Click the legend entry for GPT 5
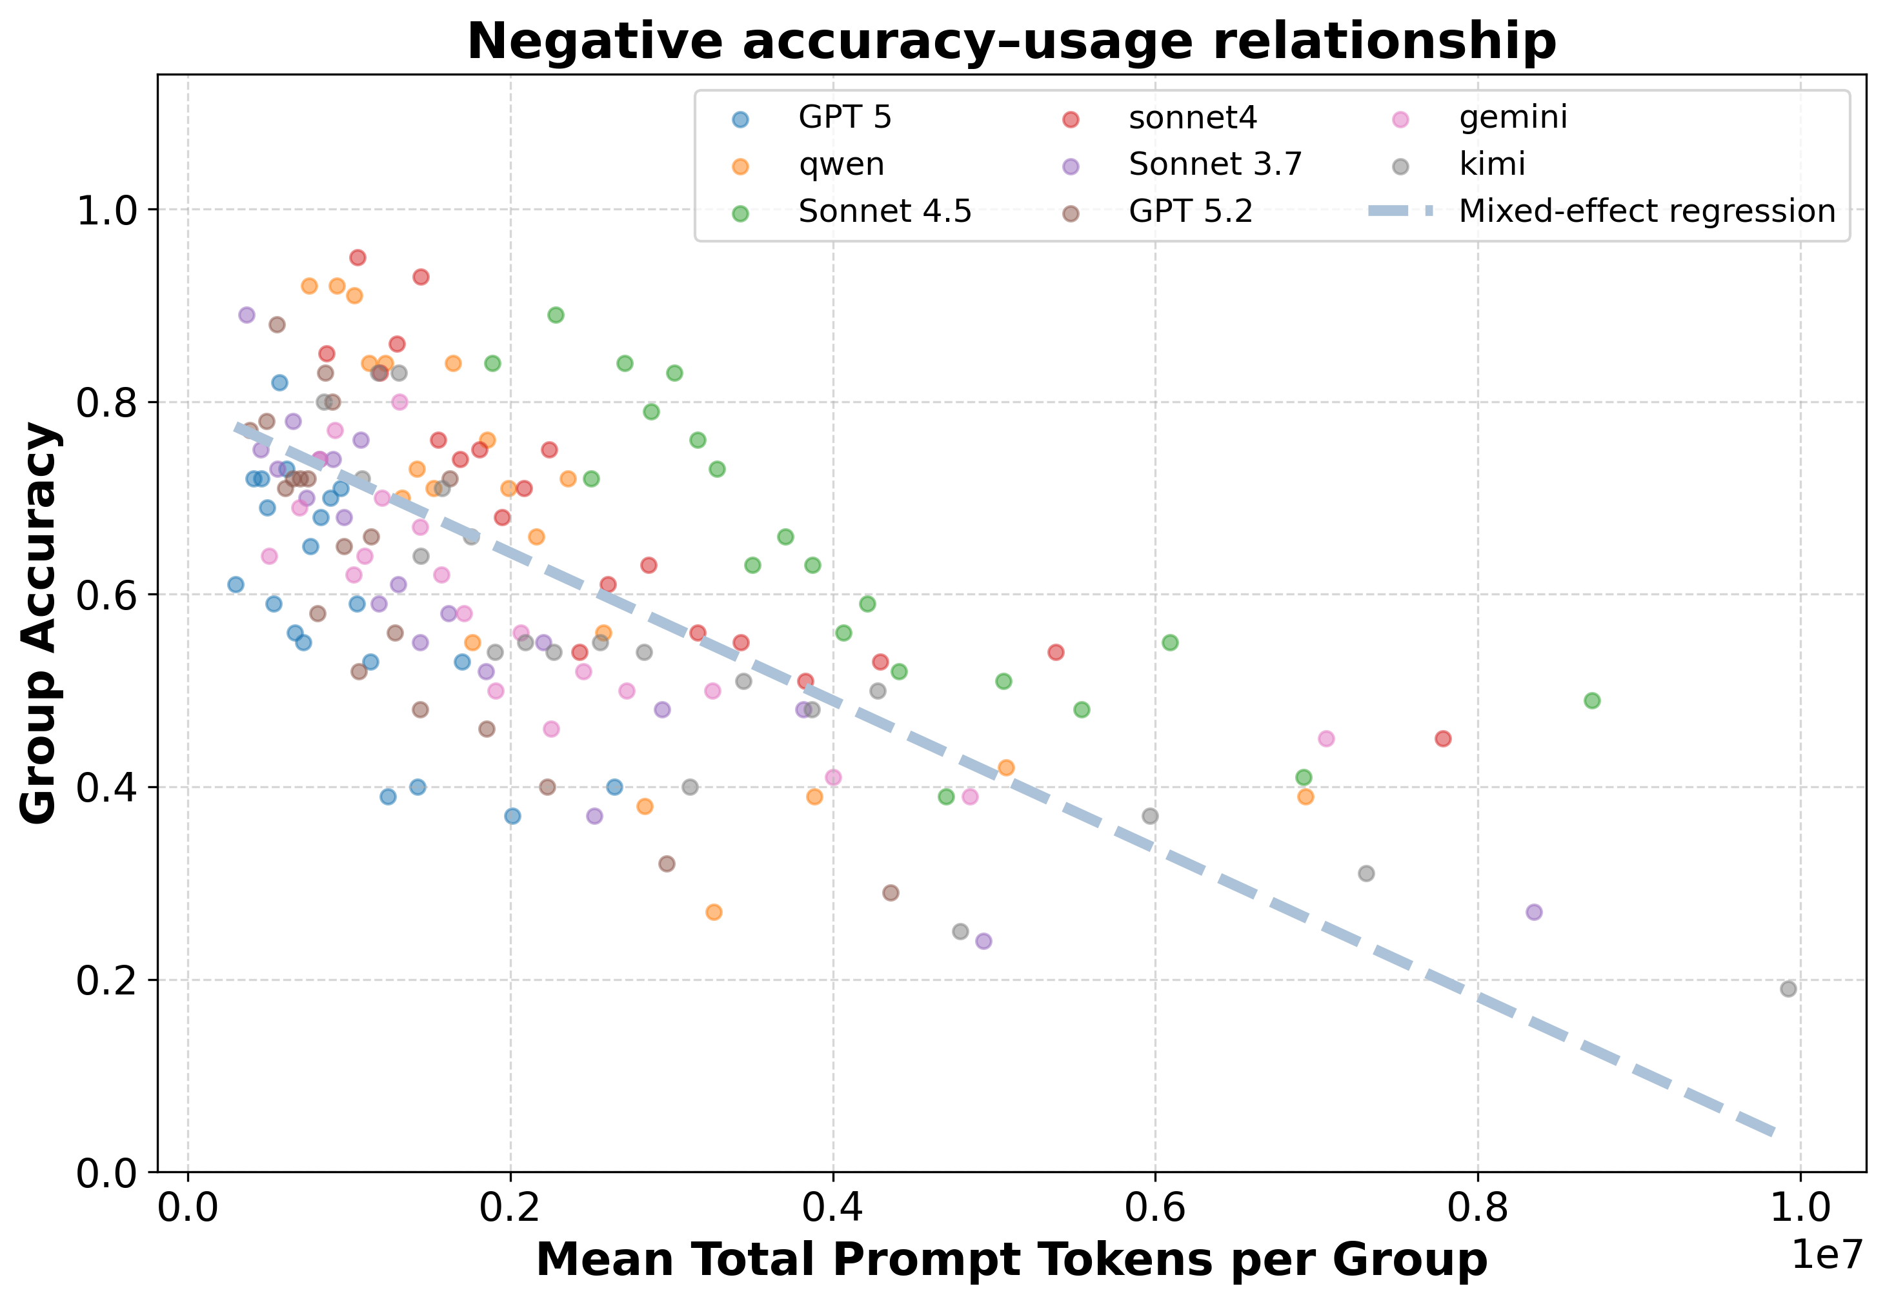844,117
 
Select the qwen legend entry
841,164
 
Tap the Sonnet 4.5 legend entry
885,212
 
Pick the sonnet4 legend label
1193,117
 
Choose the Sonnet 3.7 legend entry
1215,164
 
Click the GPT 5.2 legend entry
1190,212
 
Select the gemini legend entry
1513,117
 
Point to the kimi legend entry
1493,164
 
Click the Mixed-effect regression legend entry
1647,212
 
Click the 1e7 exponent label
1826,1254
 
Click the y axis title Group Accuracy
39,624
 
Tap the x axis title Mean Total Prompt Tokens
1011,1259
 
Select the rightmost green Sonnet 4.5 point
1591,701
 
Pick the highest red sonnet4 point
358,258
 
